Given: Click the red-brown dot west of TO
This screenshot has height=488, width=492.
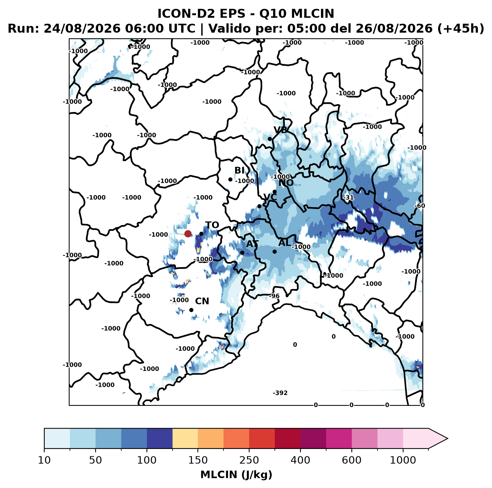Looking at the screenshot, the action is tap(188, 234).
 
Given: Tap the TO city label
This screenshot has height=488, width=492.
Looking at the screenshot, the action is tap(212, 225).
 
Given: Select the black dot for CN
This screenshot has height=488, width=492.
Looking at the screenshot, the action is tap(191, 310).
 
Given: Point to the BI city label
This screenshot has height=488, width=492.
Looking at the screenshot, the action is tap(239, 170).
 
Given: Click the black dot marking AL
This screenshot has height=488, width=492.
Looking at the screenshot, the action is tap(274, 251).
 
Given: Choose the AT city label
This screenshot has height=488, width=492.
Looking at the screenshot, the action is tap(252, 244).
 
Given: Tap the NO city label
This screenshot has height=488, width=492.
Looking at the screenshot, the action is tap(286, 183).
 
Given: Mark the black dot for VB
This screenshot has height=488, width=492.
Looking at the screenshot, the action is tap(270, 139).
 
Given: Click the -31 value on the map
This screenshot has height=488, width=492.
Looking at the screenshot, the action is tap(348, 198).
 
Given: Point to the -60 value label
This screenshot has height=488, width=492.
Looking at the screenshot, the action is tap(420, 206).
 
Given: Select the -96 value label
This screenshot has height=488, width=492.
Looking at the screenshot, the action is tap(274, 296).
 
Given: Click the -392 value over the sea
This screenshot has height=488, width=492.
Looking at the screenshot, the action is tap(280, 393).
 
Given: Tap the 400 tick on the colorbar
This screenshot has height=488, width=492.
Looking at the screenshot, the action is tap(300, 460).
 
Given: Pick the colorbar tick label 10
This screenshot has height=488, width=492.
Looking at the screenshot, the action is tap(44, 460).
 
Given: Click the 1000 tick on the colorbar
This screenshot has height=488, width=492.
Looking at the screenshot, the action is tap(403, 460).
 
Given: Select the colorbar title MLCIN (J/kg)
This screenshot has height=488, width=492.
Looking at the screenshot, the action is tap(236, 475).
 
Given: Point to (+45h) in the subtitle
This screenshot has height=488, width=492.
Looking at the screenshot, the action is tap(460, 29).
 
